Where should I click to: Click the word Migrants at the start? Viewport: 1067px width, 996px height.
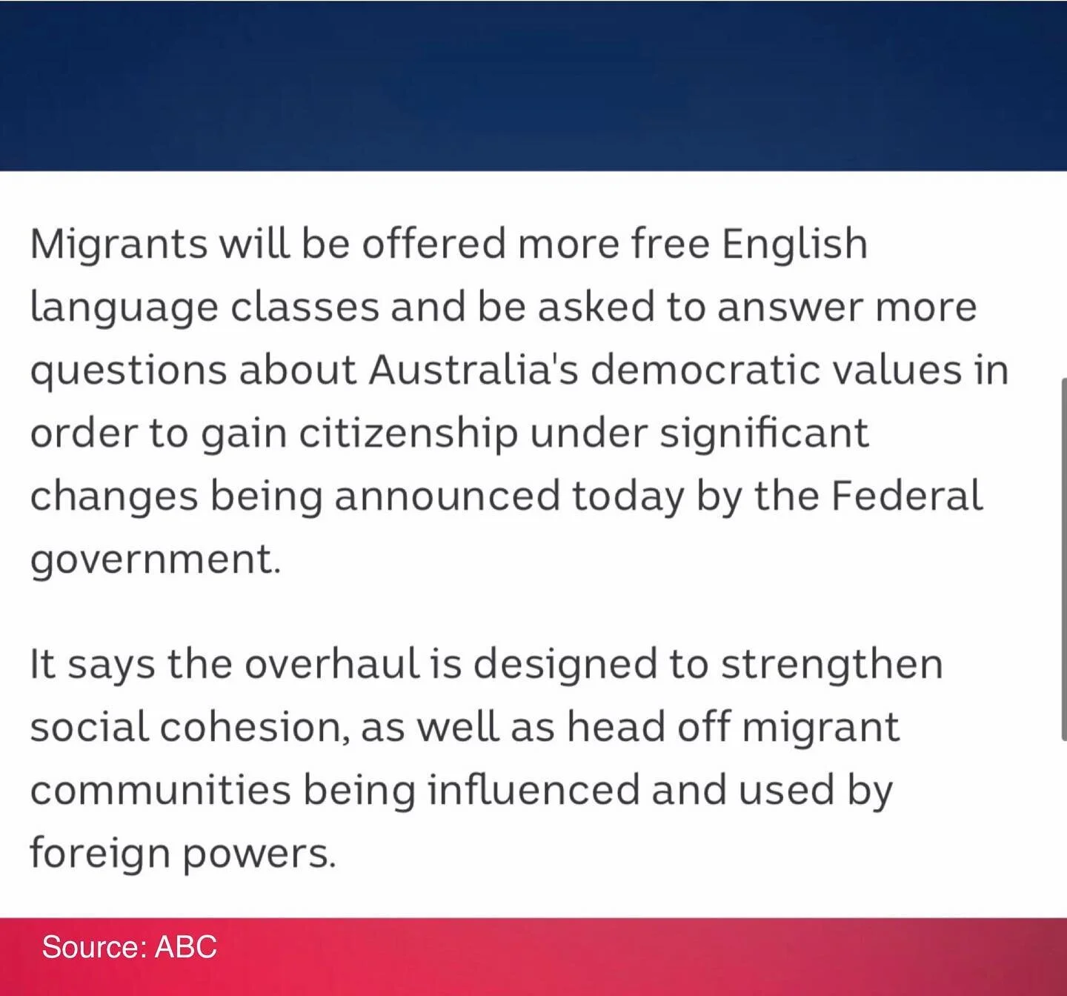click(119, 245)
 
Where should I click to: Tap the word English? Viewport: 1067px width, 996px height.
click(794, 245)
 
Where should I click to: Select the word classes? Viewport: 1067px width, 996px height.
click(305, 308)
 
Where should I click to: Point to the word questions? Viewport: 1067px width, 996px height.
click(128, 371)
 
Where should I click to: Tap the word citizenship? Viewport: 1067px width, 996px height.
click(408, 434)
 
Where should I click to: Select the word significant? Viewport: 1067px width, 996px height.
click(764, 434)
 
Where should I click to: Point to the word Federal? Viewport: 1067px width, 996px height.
click(907, 497)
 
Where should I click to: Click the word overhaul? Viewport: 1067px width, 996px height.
click(330, 664)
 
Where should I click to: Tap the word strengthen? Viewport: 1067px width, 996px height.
click(831, 664)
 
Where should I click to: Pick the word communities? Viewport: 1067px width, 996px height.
click(160, 790)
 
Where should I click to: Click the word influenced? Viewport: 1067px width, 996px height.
click(533, 790)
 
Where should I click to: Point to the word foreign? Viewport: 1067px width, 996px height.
click(99, 853)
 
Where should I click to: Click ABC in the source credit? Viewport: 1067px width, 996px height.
click(185, 947)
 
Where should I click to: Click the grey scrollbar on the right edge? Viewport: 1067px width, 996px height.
click(1063, 556)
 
